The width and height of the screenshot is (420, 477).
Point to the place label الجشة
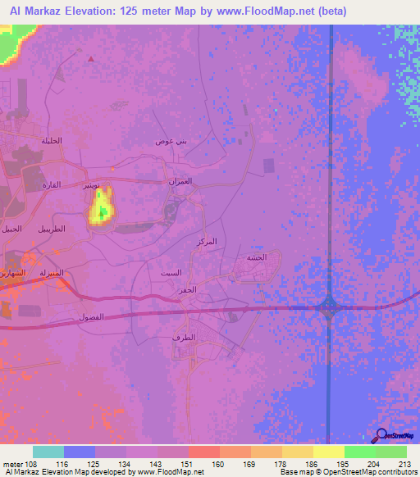256,257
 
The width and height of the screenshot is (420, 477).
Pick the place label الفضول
89,316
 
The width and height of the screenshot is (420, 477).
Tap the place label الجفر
187,290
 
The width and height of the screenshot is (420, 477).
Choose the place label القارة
51,185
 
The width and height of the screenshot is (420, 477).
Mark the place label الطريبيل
51,229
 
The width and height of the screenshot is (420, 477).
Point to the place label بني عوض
171,141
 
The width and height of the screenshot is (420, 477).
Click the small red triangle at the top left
90,58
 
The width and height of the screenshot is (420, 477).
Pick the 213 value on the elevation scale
402,464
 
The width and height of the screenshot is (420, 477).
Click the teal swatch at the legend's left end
48,452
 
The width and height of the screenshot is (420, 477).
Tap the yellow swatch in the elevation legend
328,452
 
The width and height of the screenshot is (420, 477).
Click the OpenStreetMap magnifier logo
382,436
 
